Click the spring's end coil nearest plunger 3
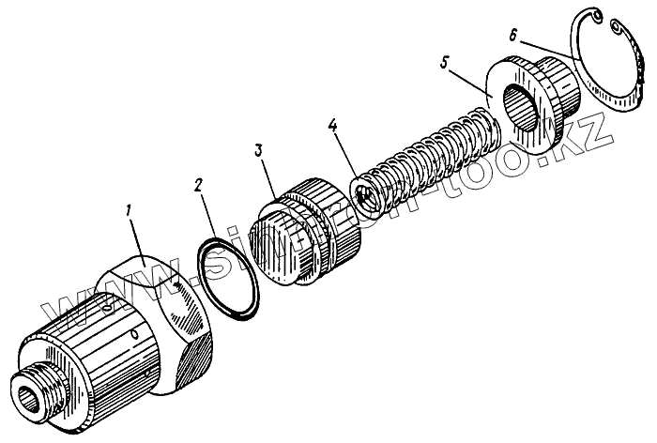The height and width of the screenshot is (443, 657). pyautogui.click(x=366, y=194)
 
